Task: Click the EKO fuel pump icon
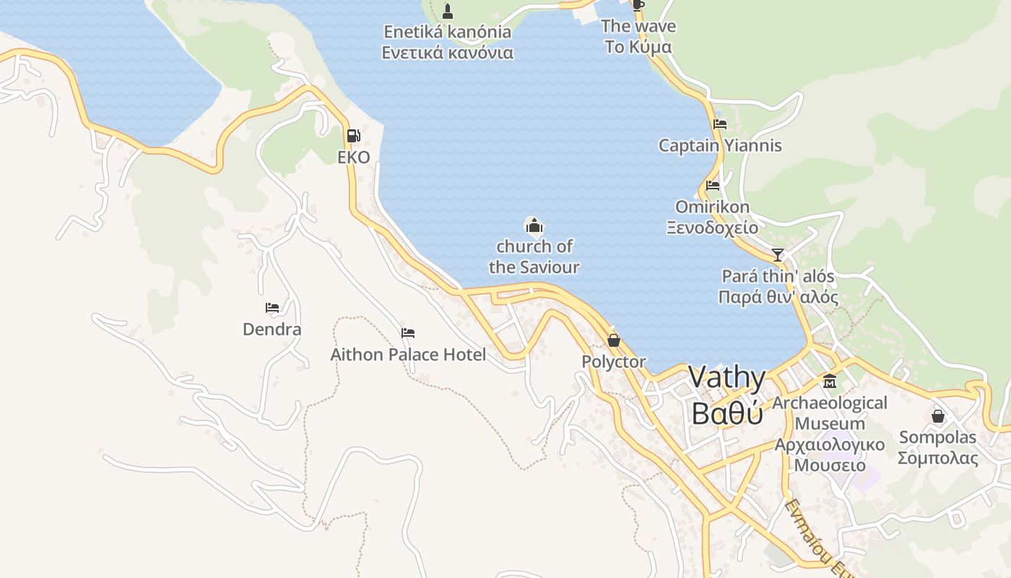click(x=353, y=135)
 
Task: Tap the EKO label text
click(x=354, y=158)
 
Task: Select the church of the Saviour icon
click(x=534, y=226)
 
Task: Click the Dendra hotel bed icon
click(x=272, y=308)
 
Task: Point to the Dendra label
click(x=272, y=329)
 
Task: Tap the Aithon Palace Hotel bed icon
click(x=408, y=333)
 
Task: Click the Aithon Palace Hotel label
click(x=408, y=355)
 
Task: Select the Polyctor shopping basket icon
click(x=614, y=340)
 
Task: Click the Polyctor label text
click(x=614, y=361)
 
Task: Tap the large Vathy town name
click(x=726, y=377)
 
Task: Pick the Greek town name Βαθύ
click(x=726, y=413)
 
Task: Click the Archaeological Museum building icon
click(x=830, y=381)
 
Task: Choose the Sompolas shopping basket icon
click(x=938, y=416)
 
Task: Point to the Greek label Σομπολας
click(x=938, y=458)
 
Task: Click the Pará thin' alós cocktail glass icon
click(x=778, y=254)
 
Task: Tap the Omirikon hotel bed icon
click(x=713, y=186)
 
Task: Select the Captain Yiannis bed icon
click(x=720, y=124)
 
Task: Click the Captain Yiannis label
click(x=720, y=145)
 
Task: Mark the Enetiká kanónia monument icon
click(x=448, y=11)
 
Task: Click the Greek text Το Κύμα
click(x=638, y=47)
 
